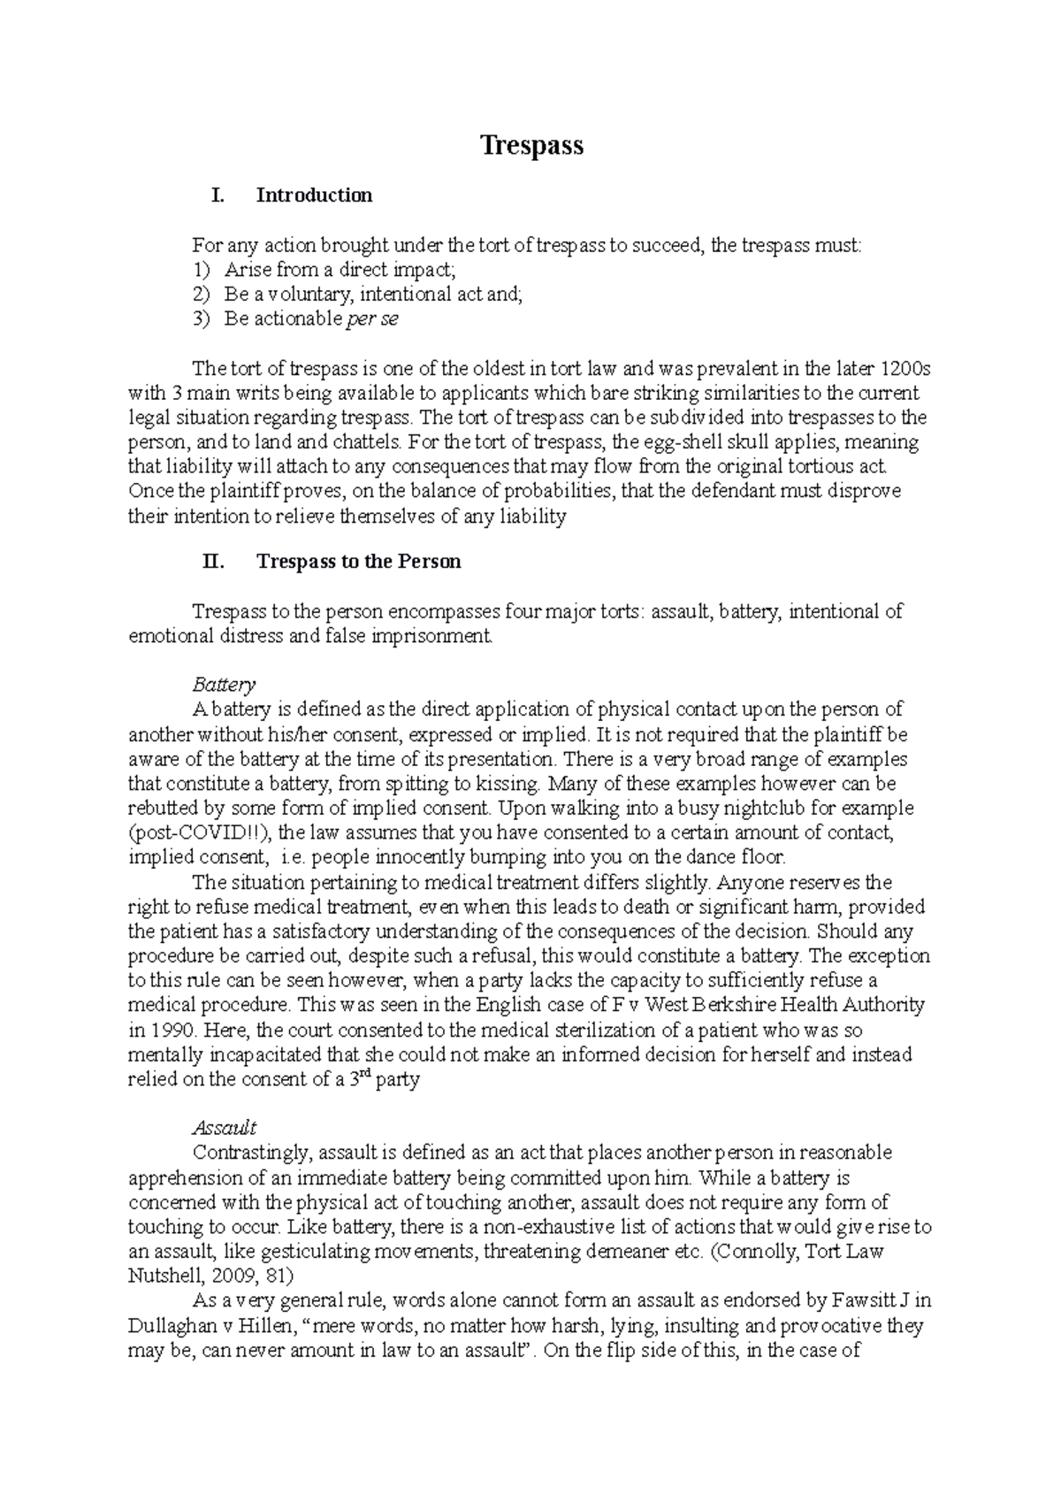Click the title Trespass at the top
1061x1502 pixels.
531,145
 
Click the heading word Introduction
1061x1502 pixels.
314,195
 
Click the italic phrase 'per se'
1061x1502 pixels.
372,319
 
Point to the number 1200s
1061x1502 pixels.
899,368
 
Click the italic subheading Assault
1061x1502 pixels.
225,1128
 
